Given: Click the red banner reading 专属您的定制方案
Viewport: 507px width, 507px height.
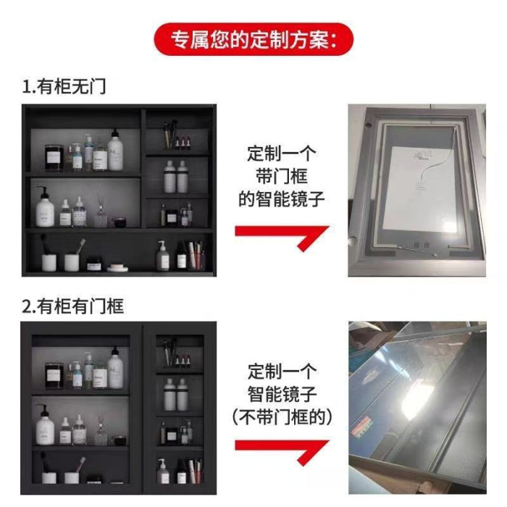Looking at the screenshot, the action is [253, 39].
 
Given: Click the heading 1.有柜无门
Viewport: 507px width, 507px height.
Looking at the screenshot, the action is [64, 86].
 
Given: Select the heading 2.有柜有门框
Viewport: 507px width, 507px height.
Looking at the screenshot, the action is [72, 306].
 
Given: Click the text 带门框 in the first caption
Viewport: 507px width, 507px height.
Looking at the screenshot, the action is [282, 176].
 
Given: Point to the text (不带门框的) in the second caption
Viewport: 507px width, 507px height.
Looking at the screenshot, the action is [282, 416].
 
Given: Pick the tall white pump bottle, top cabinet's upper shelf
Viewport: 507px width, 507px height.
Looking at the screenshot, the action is [115, 150].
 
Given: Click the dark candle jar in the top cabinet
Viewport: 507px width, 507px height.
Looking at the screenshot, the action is [54, 158].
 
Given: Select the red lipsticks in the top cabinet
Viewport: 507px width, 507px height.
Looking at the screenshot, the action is [183, 142].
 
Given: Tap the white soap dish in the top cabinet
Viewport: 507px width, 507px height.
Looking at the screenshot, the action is [117, 268].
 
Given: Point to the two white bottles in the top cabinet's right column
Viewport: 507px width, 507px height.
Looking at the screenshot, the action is [176, 177].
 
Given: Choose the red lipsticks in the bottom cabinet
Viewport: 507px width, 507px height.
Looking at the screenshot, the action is [183, 361].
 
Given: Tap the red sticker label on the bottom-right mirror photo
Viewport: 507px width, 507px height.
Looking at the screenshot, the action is [360, 425].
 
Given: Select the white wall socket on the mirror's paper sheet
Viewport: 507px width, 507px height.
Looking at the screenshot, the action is [421, 185].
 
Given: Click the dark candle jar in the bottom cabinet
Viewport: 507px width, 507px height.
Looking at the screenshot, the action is [54, 375].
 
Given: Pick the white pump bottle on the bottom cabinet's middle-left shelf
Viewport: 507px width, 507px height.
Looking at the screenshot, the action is [45, 425].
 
